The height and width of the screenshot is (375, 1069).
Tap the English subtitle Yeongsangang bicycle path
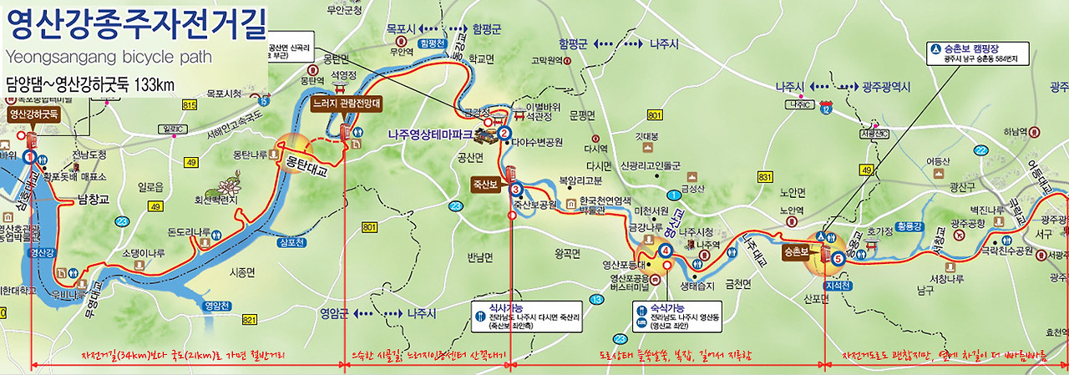[x=109, y=57]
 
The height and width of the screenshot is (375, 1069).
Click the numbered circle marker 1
[x=30, y=156]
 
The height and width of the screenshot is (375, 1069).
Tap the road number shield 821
[x=250, y=320]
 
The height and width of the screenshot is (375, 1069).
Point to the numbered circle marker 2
[x=504, y=132]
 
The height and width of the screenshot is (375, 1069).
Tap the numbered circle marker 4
[x=666, y=251]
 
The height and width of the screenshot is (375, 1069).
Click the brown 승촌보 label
[x=796, y=250]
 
